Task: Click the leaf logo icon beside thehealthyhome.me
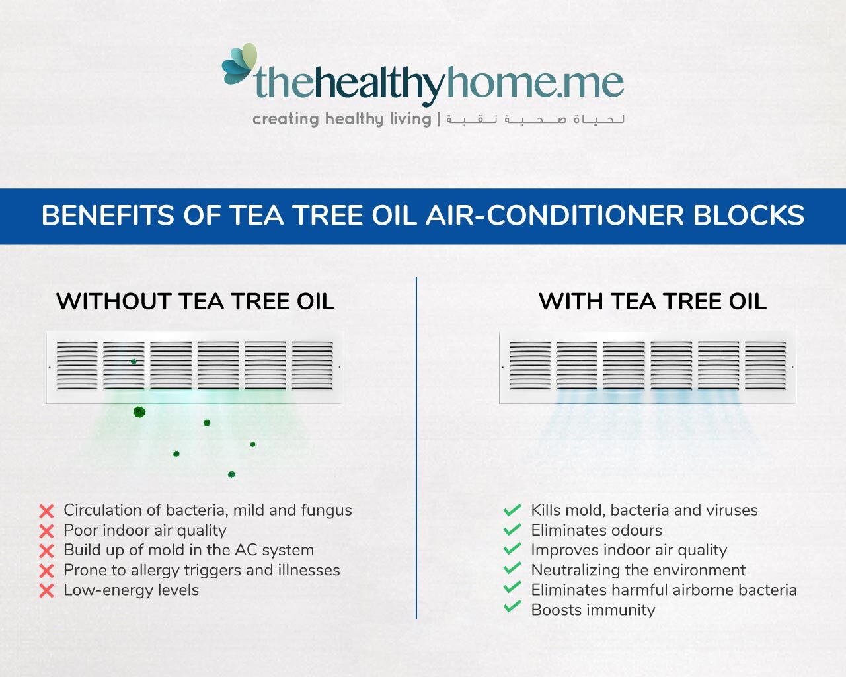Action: point(239,65)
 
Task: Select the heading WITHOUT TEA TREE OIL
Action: point(195,301)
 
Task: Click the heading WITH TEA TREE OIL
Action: point(652,301)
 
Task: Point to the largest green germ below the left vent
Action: point(139,412)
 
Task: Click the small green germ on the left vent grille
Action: point(134,361)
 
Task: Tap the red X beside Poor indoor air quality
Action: point(46,531)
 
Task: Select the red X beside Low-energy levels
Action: point(46,590)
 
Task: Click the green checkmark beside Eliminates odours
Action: point(512,530)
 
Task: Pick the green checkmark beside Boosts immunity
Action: point(512,606)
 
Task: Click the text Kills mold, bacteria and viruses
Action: point(644,510)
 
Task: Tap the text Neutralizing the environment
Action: point(638,570)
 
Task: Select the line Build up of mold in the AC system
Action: point(188,550)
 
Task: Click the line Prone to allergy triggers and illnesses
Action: point(202,570)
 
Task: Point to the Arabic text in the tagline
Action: point(535,120)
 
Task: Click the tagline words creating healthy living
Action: point(341,119)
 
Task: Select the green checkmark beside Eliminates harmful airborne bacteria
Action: point(512,587)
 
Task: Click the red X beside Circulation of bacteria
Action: point(46,511)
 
